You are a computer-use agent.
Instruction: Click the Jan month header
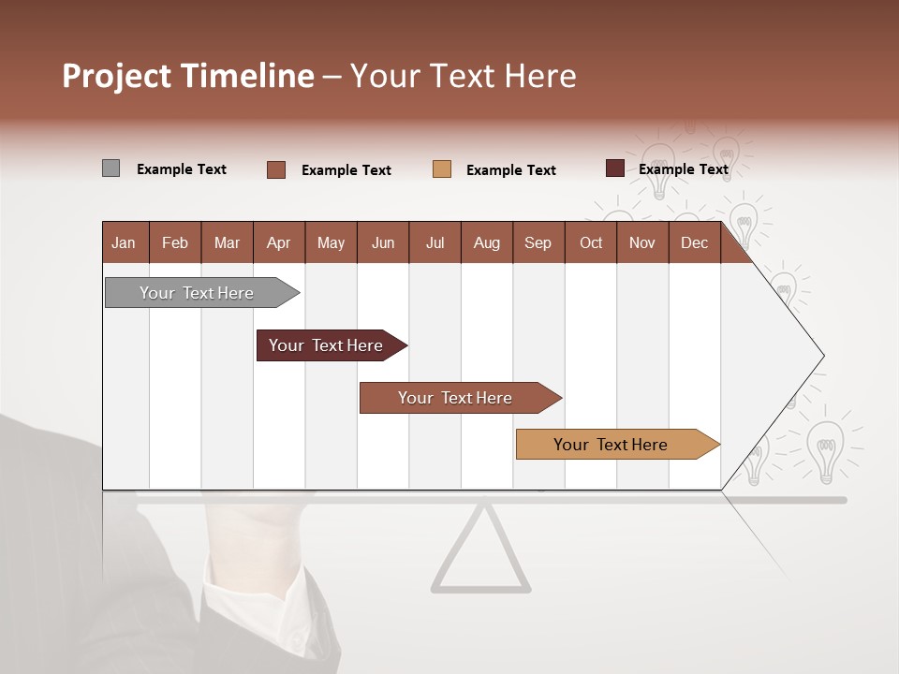click(125, 242)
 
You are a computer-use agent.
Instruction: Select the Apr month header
click(279, 242)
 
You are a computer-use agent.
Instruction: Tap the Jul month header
click(435, 242)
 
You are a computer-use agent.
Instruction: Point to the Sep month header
click(538, 242)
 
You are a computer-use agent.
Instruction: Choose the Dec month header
click(694, 242)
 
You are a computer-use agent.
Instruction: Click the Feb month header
click(175, 242)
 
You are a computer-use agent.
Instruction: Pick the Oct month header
click(591, 242)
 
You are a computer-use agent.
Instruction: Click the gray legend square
click(111, 168)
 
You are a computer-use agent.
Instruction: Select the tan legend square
click(442, 169)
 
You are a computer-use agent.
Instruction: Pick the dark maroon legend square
click(615, 168)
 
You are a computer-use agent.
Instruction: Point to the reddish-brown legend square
click(276, 169)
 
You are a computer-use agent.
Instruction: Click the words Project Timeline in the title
click(187, 76)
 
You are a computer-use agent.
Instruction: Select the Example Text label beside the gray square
click(182, 169)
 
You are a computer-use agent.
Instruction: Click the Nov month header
click(642, 242)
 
